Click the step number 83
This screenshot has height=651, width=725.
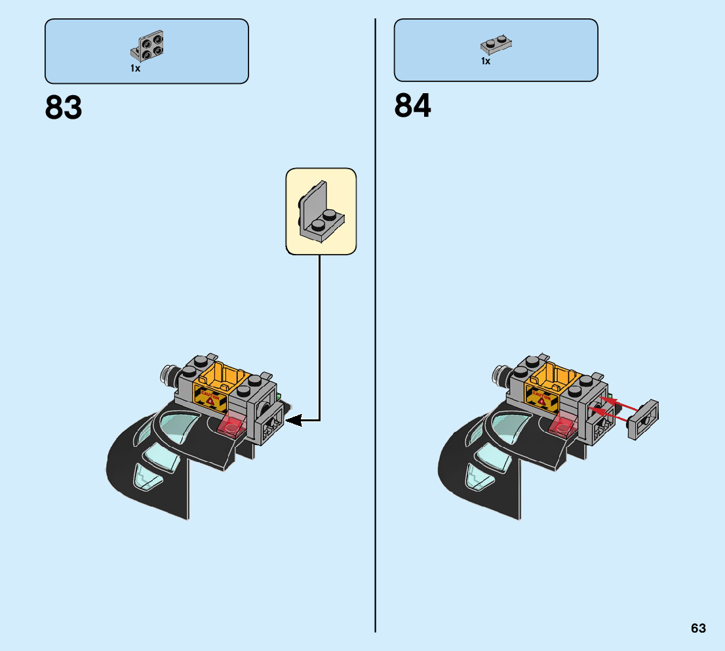(64, 107)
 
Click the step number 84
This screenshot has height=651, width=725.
(412, 106)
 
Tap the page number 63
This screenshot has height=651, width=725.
(698, 628)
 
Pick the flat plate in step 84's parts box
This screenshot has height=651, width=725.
(496, 44)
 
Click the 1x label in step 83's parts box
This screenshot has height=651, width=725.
(135, 68)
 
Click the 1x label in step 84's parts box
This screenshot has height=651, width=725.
(485, 61)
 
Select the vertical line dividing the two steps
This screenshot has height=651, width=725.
(376, 328)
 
